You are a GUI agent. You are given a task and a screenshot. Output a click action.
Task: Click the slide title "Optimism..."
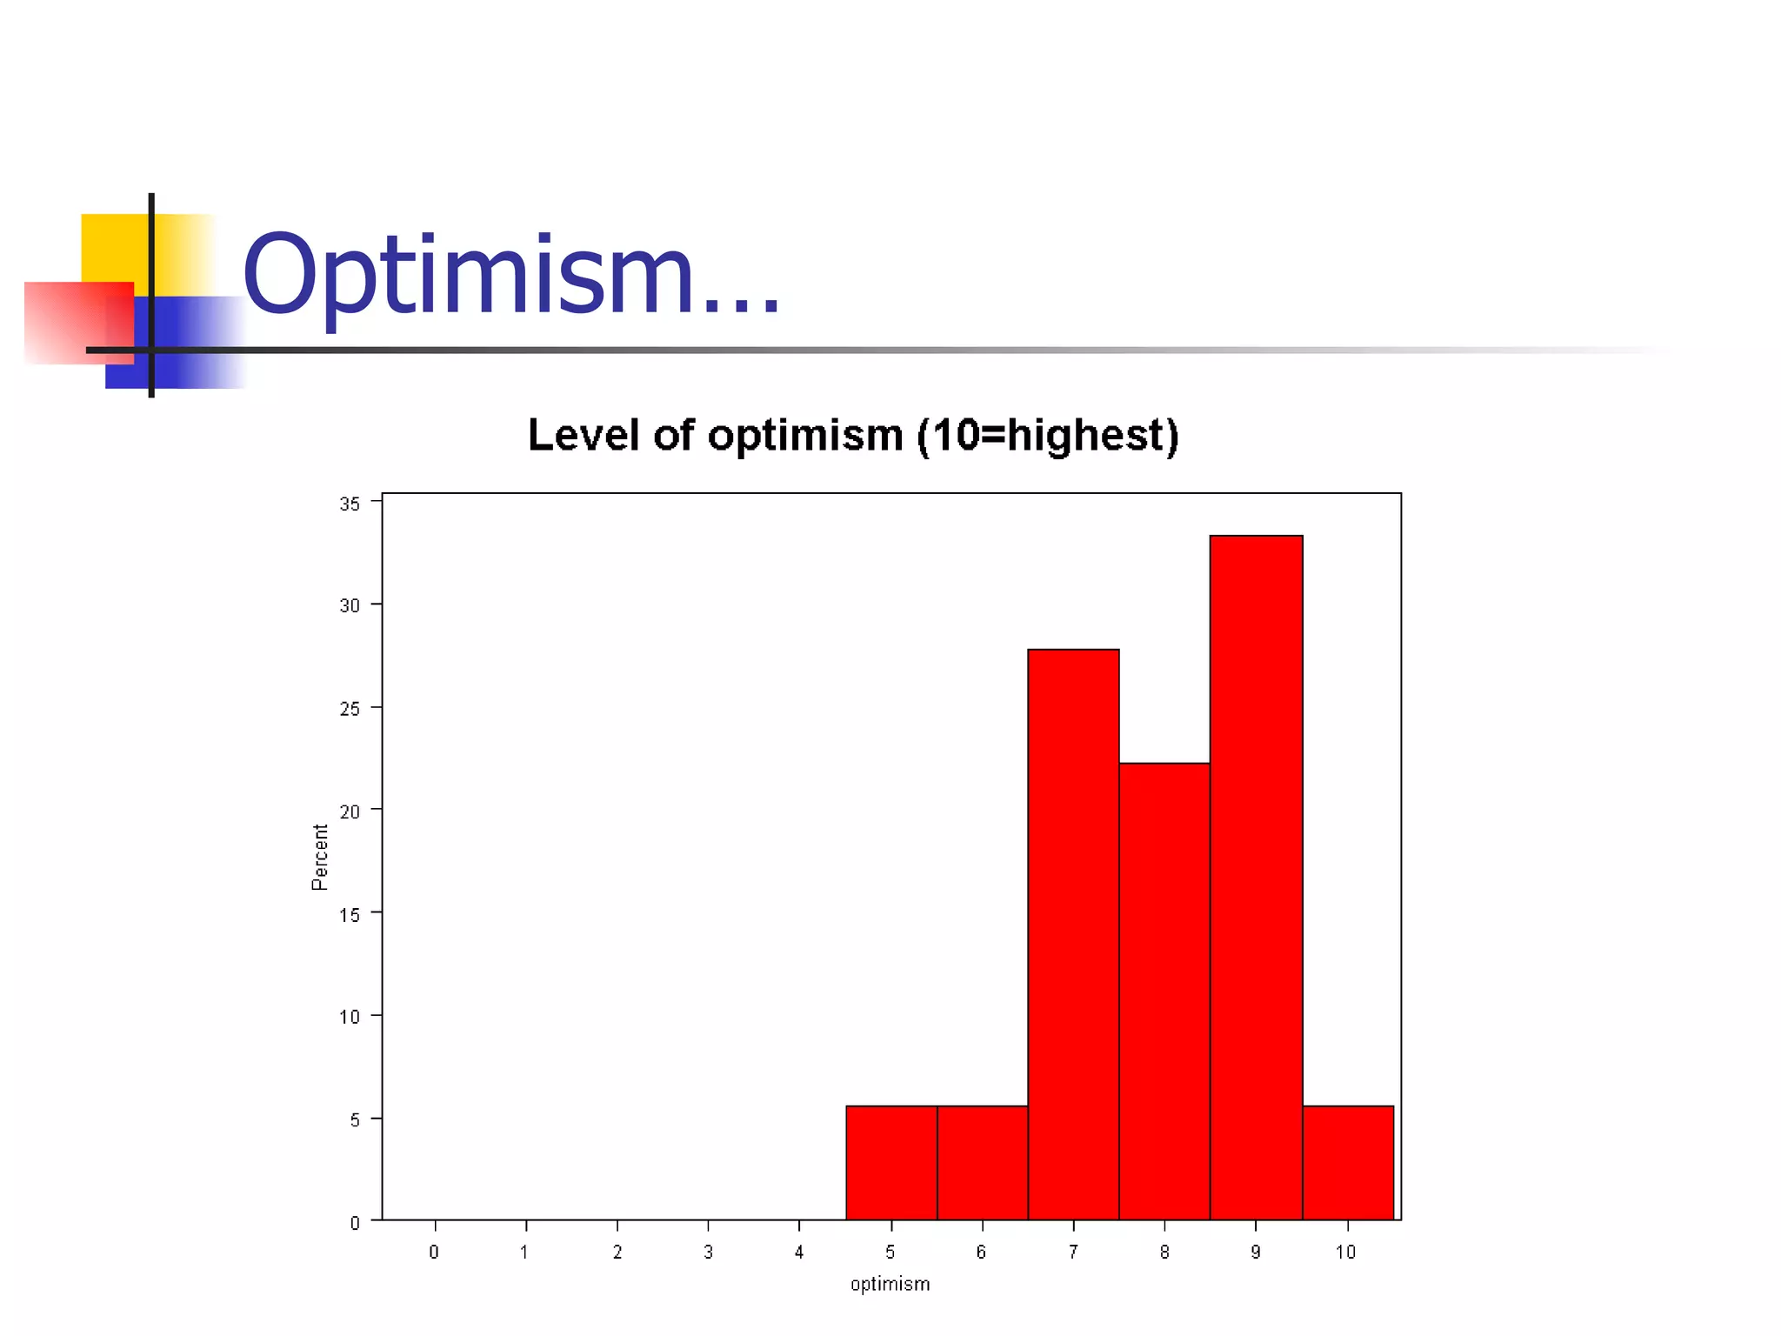point(511,275)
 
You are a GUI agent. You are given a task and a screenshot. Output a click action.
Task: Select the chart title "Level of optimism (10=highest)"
point(852,435)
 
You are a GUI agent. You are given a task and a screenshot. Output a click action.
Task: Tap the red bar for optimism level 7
point(1073,934)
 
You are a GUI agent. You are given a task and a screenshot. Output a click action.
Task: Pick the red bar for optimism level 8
point(1164,991)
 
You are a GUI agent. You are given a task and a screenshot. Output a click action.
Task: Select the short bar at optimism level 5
point(891,1162)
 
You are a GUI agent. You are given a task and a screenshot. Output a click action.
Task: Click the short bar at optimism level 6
point(983,1162)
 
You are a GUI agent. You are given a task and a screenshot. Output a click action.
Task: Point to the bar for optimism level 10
point(1348,1162)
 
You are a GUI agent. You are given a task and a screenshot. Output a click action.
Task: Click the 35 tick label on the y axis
point(350,504)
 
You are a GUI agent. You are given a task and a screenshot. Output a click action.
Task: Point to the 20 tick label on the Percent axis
point(350,812)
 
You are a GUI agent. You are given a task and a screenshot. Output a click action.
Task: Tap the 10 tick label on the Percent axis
point(350,1017)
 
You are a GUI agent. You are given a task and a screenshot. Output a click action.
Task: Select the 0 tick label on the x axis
point(434,1252)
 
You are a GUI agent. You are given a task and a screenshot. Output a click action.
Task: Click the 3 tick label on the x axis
point(708,1252)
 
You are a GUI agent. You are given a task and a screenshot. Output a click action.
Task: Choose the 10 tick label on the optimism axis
point(1345,1252)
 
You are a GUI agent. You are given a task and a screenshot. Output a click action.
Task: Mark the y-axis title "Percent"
point(320,857)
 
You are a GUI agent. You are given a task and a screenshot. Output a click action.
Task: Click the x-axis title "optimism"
point(890,1284)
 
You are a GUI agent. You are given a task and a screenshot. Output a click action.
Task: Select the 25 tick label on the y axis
point(350,709)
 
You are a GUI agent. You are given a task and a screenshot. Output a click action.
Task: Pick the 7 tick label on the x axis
point(1073,1252)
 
